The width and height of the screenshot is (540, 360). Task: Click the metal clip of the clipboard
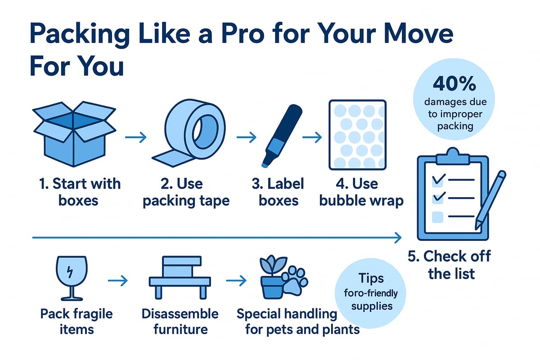452,155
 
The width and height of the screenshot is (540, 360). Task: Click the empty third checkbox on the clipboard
437,218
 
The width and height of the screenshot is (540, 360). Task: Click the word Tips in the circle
371,279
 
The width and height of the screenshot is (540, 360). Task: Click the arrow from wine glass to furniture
118,281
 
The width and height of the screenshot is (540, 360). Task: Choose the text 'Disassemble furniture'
180,321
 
